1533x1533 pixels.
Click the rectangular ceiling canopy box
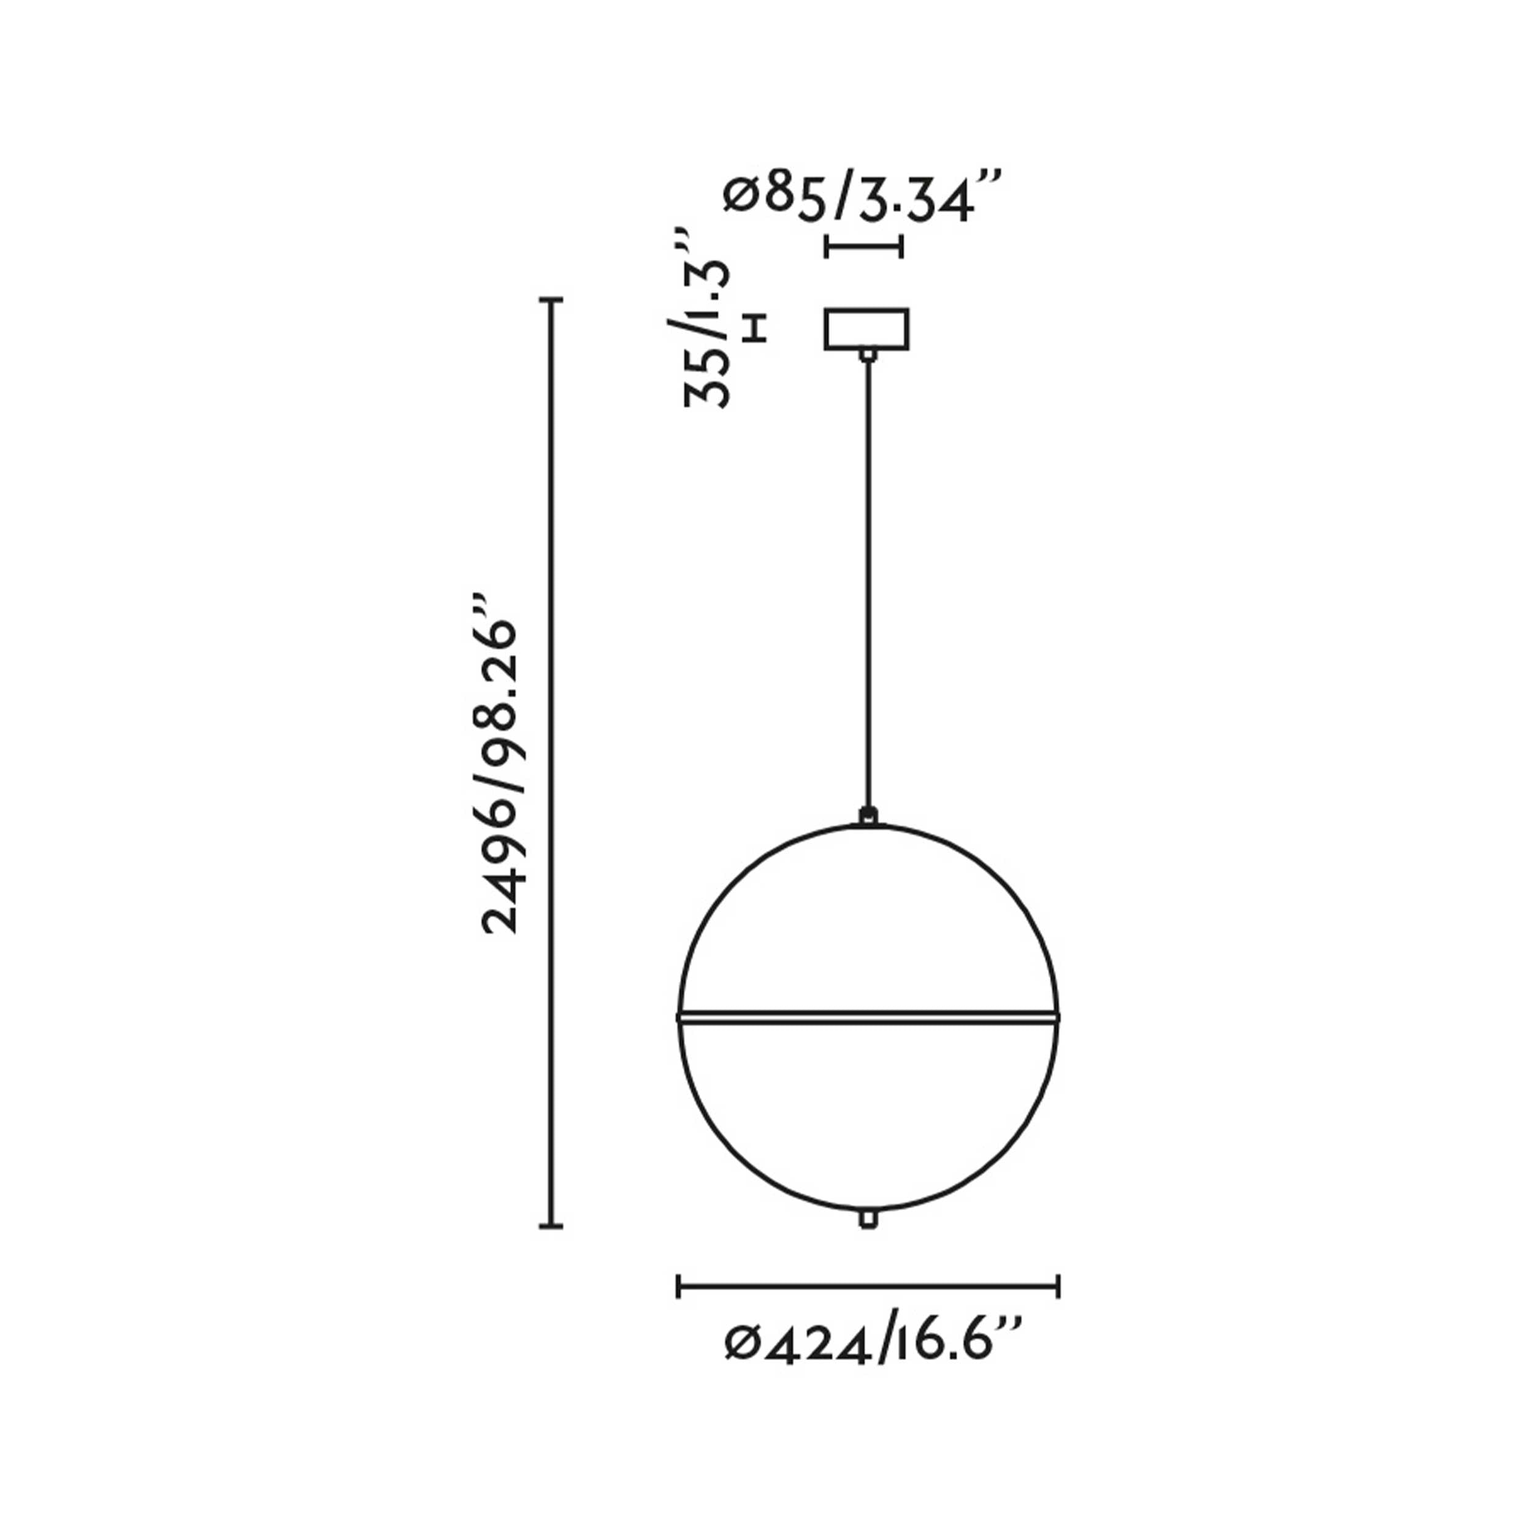866,329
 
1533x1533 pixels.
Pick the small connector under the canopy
869,354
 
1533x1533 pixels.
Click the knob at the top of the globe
870,815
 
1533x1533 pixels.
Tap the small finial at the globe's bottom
869,1241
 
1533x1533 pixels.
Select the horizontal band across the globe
868,1017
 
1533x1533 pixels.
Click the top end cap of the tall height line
551,300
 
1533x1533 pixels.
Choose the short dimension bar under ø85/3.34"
863,246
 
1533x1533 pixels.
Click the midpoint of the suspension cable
869,583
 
